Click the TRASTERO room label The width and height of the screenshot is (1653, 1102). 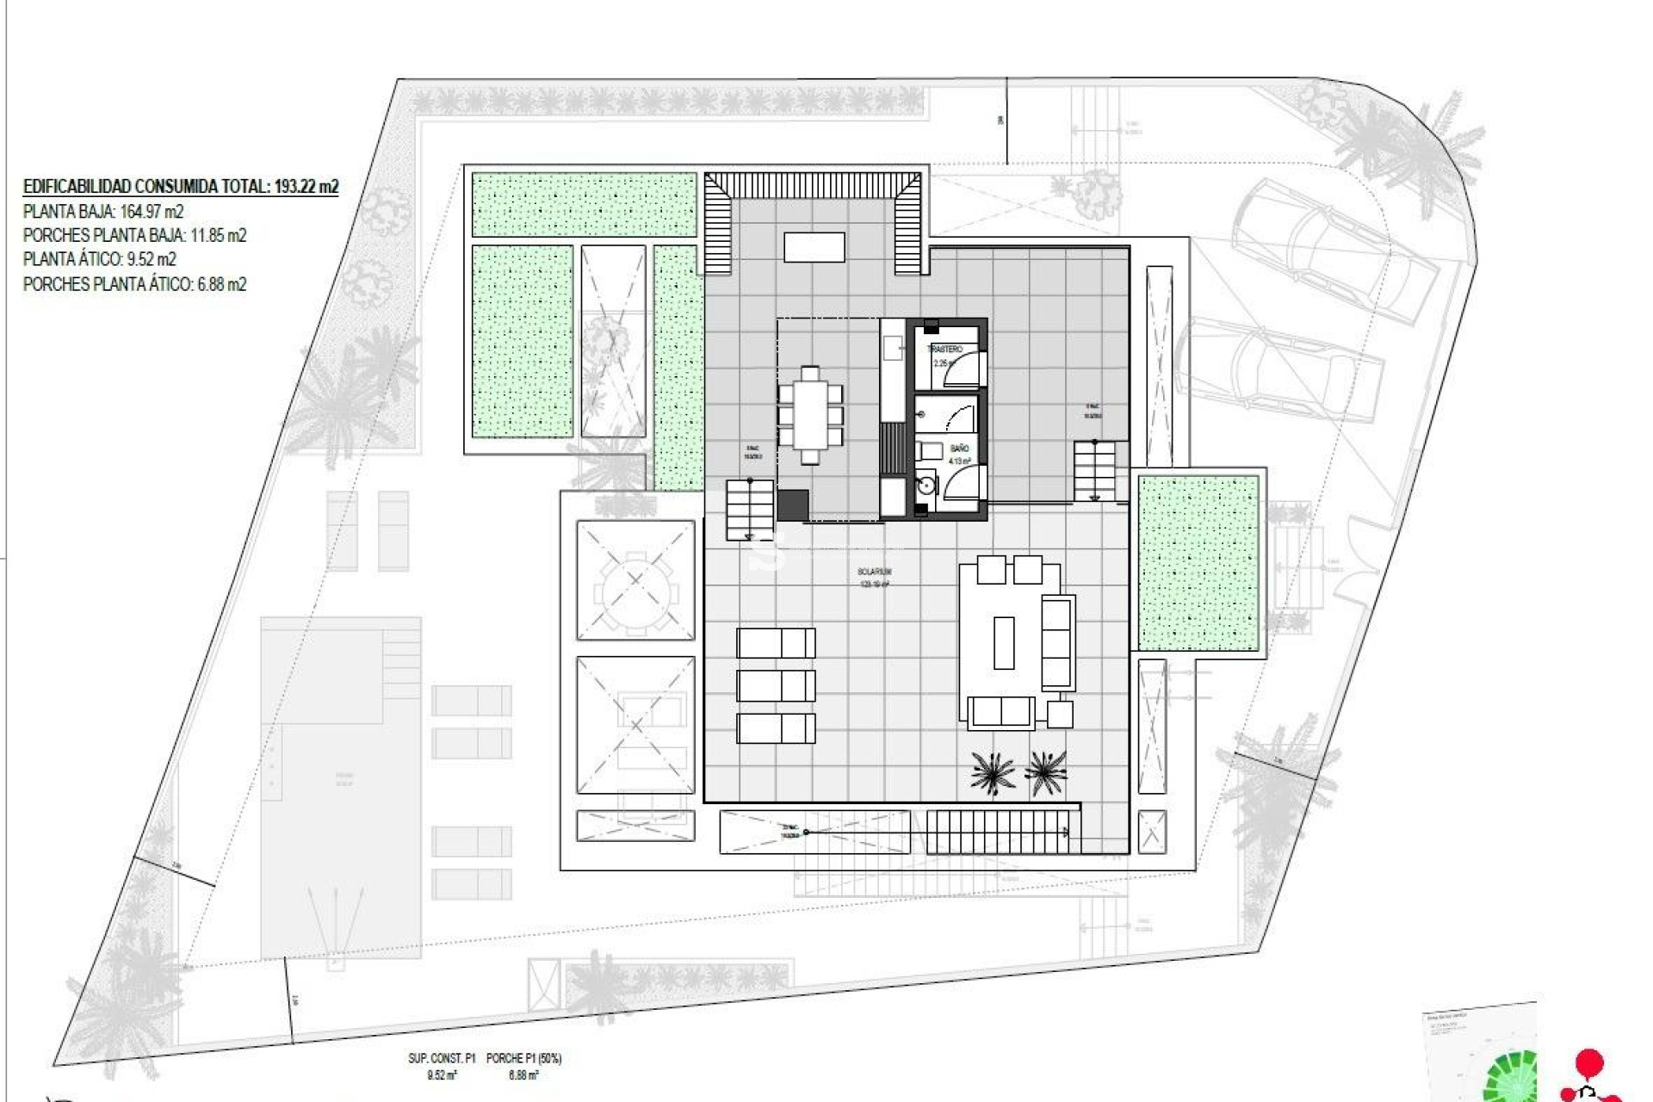[944, 350]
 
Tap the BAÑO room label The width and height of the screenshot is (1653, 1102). [959, 449]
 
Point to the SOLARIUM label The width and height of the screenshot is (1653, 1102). [874, 572]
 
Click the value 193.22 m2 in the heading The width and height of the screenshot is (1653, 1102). [306, 186]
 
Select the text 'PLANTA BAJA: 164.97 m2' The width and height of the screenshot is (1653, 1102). [103, 212]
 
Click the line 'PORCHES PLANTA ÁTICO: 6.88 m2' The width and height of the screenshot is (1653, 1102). [134, 284]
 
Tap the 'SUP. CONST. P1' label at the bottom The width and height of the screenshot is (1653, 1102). [442, 1058]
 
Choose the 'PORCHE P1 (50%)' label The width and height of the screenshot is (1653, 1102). [523, 1058]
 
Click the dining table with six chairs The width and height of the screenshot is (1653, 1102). [810, 415]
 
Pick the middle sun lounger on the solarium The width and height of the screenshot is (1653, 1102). [776, 686]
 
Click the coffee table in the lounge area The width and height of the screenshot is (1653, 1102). [1004, 642]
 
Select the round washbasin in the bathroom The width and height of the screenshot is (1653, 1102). [926, 485]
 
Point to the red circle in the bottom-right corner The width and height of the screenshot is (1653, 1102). [1588, 1062]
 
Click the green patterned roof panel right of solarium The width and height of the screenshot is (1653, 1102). [1198, 563]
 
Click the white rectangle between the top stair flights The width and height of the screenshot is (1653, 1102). [814, 247]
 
